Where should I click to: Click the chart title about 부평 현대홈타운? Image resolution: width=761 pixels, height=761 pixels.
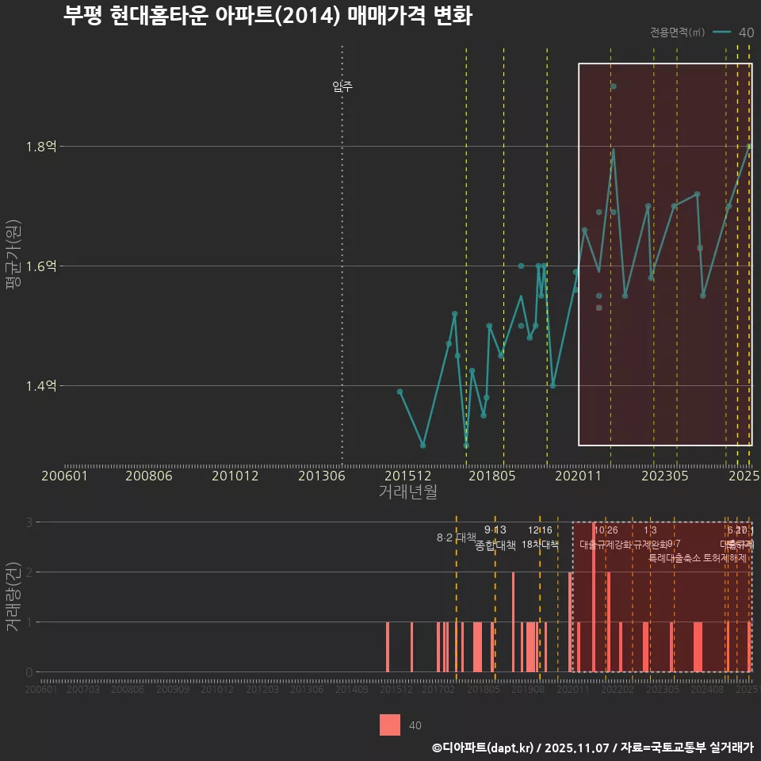point(268,17)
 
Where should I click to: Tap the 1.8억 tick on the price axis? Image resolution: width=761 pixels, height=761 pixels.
point(41,147)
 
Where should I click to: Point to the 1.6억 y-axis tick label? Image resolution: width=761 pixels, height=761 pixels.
point(41,266)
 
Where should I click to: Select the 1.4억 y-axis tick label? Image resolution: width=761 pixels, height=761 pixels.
point(41,386)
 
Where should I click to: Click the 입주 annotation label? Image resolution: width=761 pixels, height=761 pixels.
point(342,86)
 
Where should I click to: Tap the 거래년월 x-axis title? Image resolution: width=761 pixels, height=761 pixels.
point(407,491)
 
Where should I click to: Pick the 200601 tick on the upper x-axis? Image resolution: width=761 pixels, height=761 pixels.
point(65,476)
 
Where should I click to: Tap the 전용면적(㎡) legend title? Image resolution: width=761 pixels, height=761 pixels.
point(677,33)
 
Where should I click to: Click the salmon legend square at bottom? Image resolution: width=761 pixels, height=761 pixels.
point(390,725)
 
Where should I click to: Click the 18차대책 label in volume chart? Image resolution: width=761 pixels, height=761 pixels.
point(541,545)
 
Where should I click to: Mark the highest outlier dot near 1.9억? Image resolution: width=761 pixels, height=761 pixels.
point(613,86)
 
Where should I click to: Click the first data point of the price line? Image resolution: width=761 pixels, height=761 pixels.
point(400,392)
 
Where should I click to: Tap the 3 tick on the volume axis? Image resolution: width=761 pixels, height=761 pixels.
point(29,522)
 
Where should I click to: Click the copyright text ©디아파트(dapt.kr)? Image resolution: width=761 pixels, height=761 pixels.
point(484,748)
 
